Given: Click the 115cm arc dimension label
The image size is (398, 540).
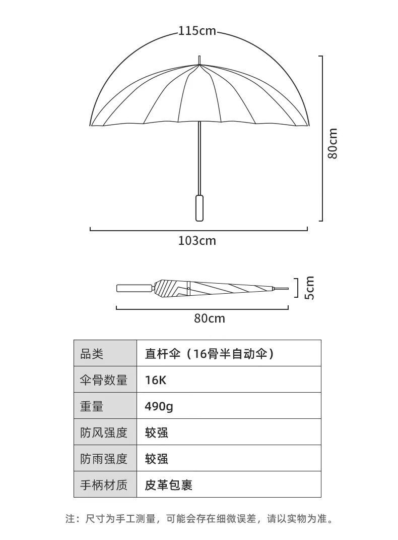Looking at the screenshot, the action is click(197, 31).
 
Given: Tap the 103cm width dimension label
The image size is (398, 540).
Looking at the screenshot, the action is click(197, 241).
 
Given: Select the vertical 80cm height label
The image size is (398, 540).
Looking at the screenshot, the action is click(333, 144).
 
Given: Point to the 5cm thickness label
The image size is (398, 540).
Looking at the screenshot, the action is click(310, 288).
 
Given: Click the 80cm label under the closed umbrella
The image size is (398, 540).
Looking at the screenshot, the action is click(210, 319).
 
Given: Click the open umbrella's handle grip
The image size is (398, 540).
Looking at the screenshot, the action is click(200, 207).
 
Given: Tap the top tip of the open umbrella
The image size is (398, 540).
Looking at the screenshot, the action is click(200, 58).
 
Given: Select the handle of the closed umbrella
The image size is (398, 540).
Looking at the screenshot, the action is click(135, 289).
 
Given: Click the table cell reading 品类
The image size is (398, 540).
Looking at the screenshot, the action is click(92, 354).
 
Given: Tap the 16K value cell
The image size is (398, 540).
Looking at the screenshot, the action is click(155, 380).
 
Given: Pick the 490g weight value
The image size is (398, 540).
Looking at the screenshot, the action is click(159, 406).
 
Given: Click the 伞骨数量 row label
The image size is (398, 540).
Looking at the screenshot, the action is click(104, 380).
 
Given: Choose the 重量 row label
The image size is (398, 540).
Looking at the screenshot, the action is click(92, 406).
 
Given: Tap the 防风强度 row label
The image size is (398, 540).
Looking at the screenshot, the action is click(104, 433).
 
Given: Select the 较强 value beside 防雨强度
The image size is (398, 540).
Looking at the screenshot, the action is click(156, 459).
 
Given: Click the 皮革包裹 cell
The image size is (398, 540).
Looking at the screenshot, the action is click(168, 485).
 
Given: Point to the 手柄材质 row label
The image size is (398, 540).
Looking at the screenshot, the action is click(104, 485).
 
